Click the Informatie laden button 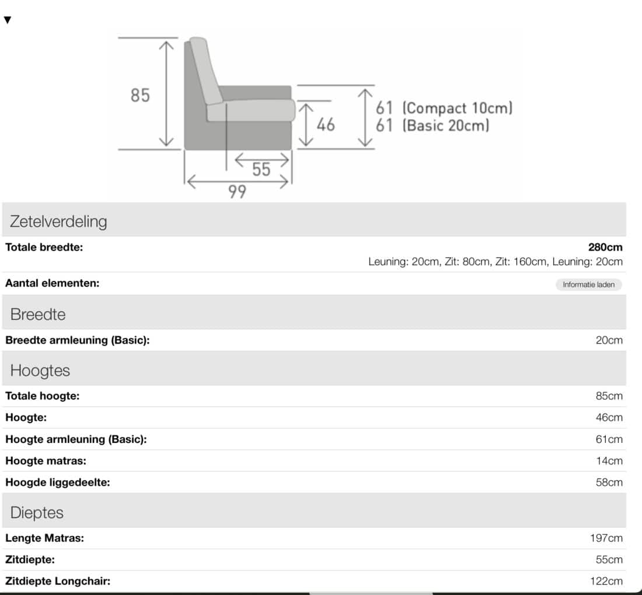tap(588, 284)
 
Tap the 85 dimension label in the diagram tap(140, 96)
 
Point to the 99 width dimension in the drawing tap(237, 191)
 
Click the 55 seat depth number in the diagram tap(261, 170)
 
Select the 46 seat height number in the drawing tap(326, 124)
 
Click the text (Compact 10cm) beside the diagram tap(458, 108)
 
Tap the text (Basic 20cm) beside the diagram tap(446, 125)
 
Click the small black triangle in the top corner tap(8, 20)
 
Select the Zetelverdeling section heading tap(58, 221)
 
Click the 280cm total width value tap(605, 247)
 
